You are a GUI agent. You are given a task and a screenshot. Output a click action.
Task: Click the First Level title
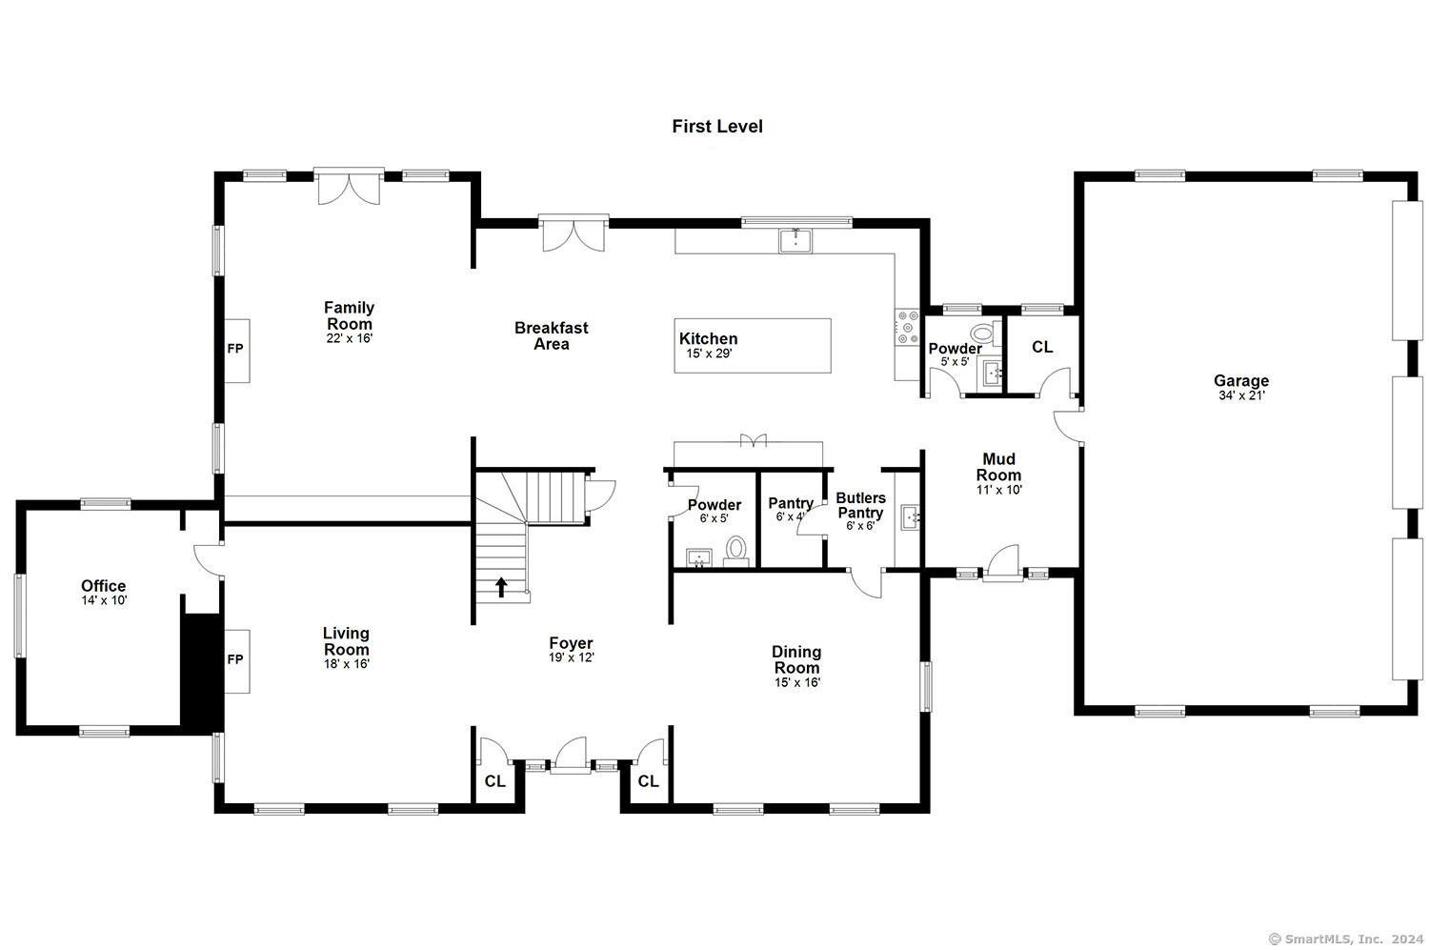click(x=717, y=127)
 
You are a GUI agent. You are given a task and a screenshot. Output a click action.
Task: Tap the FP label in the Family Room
click(x=235, y=349)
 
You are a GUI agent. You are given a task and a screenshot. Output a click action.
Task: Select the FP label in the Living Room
click(x=235, y=659)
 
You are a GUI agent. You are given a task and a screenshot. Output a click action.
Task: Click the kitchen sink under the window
click(x=795, y=241)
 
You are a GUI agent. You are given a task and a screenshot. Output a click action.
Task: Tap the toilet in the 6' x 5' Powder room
click(x=736, y=551)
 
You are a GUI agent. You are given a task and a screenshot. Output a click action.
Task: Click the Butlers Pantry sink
click(x=911, y=517)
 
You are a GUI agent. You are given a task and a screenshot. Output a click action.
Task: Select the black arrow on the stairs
click(x=501, y=587)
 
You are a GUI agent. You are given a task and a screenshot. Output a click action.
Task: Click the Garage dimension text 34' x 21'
click(x=1241, y=395)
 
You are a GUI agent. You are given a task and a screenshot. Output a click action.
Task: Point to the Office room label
click(x=103, y=586)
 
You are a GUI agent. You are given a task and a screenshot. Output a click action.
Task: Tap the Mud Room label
click(x=999, y=467)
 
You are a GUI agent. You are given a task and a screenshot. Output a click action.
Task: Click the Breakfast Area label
click(x=552, y=335)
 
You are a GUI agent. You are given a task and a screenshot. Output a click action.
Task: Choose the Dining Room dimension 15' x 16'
click(x=797, y=682)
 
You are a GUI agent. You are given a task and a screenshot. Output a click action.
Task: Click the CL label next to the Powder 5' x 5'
click(x=1042, y=347)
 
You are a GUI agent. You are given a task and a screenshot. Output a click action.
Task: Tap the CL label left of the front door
click(x=495, y=781)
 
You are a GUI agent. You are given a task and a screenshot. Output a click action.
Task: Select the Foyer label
click(x=571, y=643)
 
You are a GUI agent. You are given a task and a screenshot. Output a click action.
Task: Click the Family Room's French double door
click(x=349, y=187)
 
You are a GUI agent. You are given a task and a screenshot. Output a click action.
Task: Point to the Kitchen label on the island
click(x=708, y=339)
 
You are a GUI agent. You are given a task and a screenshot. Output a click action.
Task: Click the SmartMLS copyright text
click(x=1346, y=940)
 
